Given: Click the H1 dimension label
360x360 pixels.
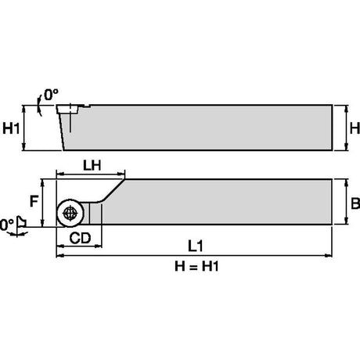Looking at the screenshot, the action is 11,128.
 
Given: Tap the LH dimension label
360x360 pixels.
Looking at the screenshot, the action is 92,165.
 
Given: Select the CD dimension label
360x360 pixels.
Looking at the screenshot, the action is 80,238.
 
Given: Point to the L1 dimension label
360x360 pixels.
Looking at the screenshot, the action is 195,246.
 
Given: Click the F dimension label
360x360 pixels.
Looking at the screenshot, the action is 34,201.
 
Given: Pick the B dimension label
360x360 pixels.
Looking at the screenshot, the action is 355,203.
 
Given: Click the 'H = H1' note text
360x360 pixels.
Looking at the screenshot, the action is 196,266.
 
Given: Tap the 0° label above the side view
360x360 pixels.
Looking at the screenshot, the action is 51,95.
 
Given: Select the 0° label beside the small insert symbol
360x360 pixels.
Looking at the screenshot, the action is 6,225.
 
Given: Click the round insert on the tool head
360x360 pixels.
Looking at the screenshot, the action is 70,214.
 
